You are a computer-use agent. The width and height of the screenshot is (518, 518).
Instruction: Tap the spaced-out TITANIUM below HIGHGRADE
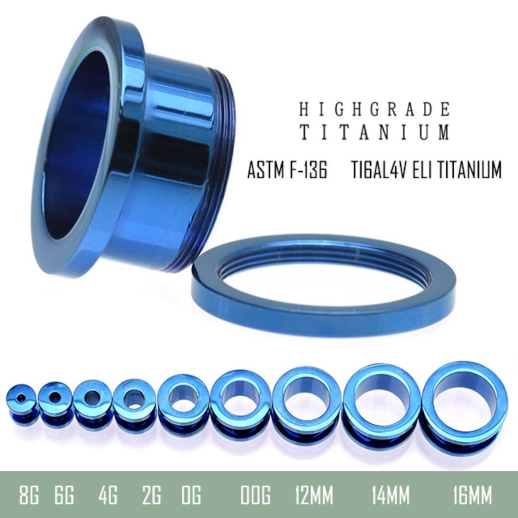[375, 131]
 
